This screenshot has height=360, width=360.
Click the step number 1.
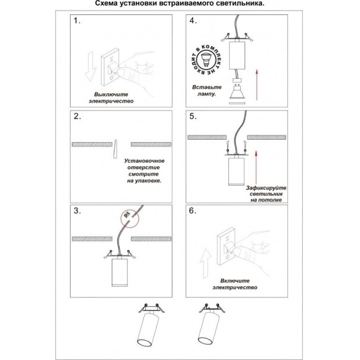pyautogui.click(x=77, y=20)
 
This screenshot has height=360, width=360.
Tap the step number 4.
pyautogui.click(x=193, y=20)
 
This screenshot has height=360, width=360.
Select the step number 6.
pyautogui.click(x=192, y=210)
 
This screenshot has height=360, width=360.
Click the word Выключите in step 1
pyautogui.click(x=111, y=94)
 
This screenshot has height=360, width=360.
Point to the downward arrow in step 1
pyautogui.click(x=90, y=66)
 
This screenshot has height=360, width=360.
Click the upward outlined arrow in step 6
pyautogui.click(x=205, y=264)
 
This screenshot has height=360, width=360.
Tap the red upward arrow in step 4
pyautogui.click(x=257, y=85)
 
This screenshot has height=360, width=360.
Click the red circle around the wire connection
pyautogui.click(x=130, y=218)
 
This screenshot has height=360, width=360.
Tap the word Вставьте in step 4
pyautogui.click(x=207, y=88)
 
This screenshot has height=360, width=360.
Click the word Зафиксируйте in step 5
pyautogui.click(x=266, y=188)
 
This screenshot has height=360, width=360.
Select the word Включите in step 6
pyautogui.click(x=235, y=281)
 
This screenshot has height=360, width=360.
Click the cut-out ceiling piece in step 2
pyautogui.click(x=115, y=149)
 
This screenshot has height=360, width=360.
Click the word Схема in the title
pyautogui.click(x=107, y=4)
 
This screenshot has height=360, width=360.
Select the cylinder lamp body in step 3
pyautogui.click(x=119, y=272)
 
